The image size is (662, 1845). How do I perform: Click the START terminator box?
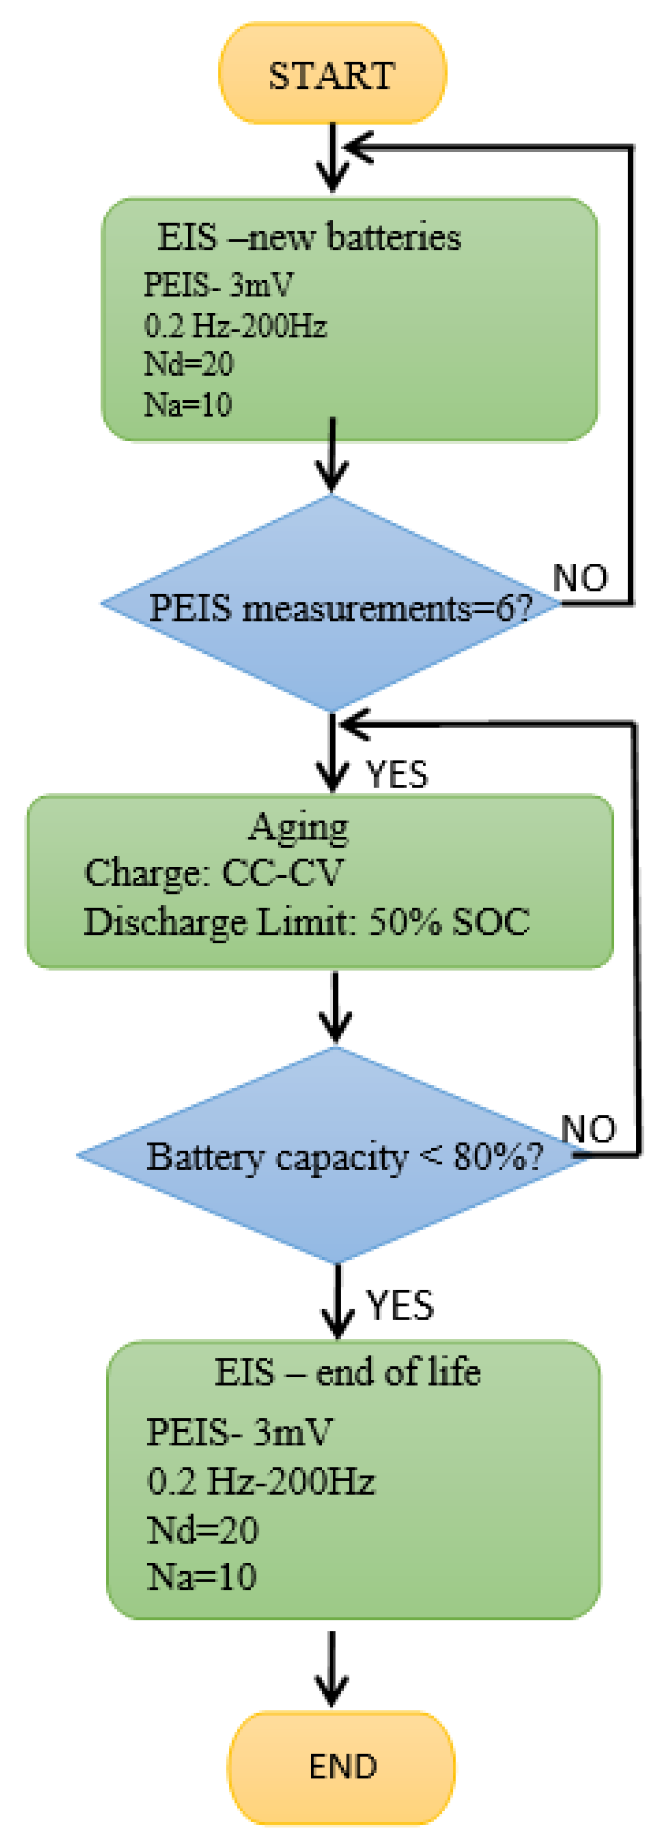pos(332,74)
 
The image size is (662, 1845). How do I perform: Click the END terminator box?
pos(342,1767)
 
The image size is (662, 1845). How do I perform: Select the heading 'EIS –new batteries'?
pos(309,237)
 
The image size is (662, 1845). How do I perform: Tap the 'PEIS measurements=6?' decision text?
pos(340,609)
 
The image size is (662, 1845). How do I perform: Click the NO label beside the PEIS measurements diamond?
pos(580,577)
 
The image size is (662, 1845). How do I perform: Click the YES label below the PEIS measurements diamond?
pos(397,774)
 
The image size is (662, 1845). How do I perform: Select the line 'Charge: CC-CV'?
pos(214,873)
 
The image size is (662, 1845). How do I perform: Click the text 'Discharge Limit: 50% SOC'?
pos(307,922)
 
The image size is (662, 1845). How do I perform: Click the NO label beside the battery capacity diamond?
pos(588,1129)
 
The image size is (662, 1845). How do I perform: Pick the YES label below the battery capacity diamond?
pos(400,1305)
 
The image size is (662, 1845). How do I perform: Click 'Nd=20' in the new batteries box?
pos(188,364)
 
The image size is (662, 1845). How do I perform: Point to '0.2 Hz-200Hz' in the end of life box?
pos(261,1481)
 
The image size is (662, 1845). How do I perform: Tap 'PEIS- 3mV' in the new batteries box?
pos(218,285)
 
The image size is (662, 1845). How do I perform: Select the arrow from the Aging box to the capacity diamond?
pos(334,1006)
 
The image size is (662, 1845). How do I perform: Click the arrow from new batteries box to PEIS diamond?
pos(332,456)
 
